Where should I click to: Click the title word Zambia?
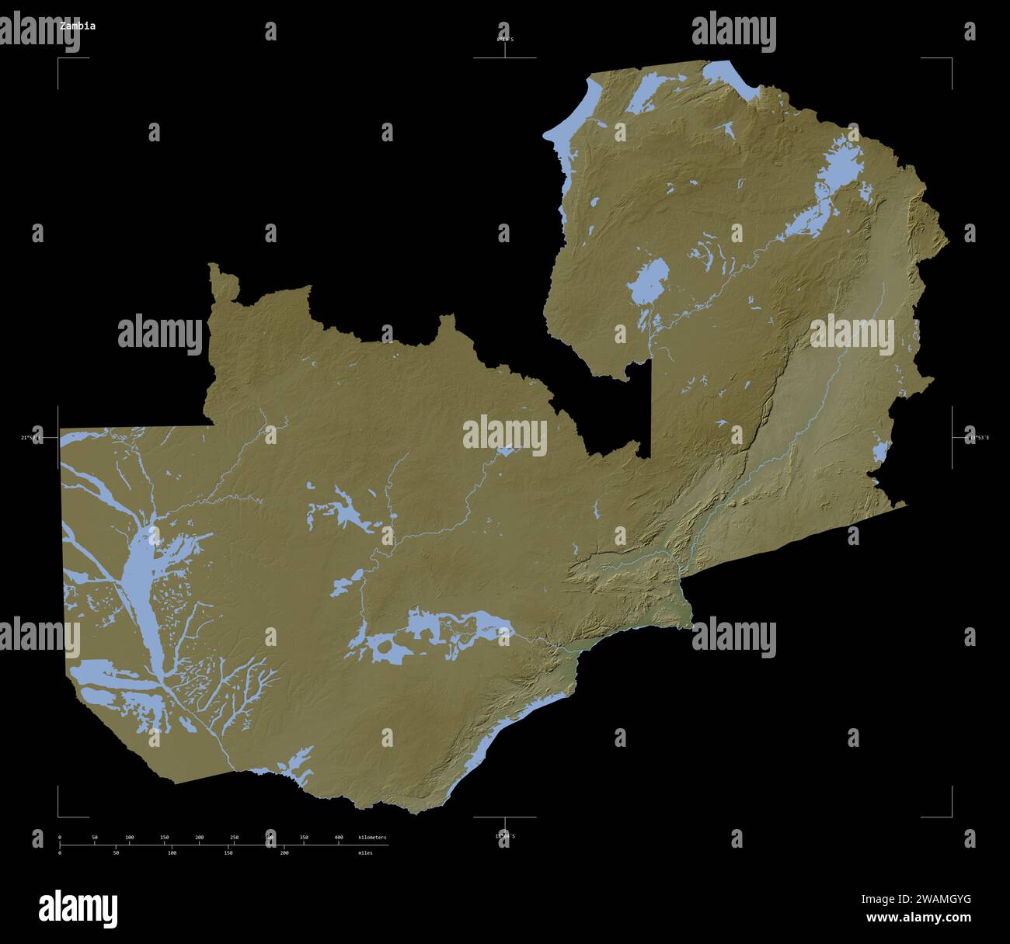coord(78,26)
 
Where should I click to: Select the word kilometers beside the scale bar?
coord(371,838)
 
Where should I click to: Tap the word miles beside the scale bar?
coord(365,852)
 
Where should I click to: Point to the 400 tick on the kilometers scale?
coord(339,838)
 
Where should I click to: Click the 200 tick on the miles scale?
coord(284,852)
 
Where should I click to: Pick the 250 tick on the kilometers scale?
coord(234,838)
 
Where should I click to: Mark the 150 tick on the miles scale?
coord(228,852)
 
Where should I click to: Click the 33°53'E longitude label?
coord(971,438)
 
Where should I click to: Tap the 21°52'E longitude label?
coord(32,438)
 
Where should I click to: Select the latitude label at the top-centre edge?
coord(505,38)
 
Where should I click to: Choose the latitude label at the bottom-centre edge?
coord(505,836)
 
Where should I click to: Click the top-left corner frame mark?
coord(58,58)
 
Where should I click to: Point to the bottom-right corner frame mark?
coord(951,816)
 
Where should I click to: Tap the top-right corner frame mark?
coord(951,58)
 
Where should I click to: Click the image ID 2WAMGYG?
coord(915,900)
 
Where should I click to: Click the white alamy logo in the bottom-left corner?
coord(78,908)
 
